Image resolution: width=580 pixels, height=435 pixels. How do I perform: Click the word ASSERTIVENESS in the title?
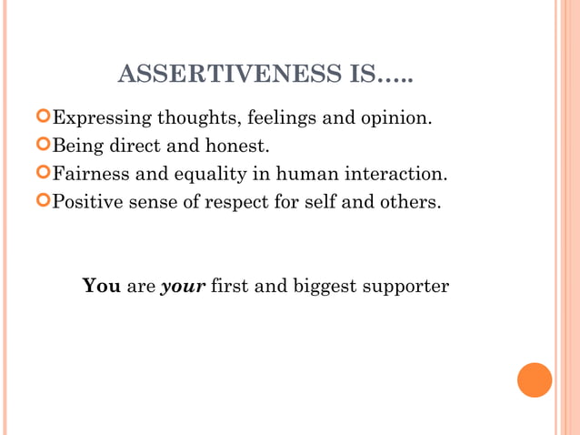(231, 74)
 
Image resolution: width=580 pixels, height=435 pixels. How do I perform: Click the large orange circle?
(535, 379)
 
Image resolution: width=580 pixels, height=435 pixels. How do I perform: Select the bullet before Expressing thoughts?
(43, 116)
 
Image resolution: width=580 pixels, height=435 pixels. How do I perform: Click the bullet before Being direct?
(43, 144)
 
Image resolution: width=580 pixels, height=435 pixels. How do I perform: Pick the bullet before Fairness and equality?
(43, 172)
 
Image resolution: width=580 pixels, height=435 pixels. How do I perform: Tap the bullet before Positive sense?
(43, 199)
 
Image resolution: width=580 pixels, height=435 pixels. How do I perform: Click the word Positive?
(87, 200)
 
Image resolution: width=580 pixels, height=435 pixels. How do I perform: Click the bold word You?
(101, 286)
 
